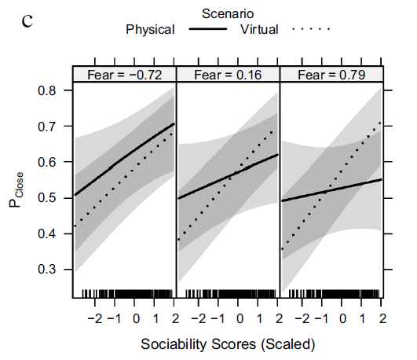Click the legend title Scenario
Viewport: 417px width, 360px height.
[227, 13]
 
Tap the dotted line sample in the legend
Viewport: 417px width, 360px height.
[312, 30]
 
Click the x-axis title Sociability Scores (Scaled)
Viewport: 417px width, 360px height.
[228, 344]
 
